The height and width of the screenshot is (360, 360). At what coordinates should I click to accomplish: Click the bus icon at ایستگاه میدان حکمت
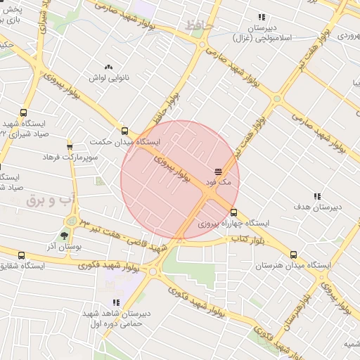(x=124, y=131)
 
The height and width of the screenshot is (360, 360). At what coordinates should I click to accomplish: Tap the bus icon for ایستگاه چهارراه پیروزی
(x=233, y=212)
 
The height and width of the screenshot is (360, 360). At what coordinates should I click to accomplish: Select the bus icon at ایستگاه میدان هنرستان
(x=293, y=255)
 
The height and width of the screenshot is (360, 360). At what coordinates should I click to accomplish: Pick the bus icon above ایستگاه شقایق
(x=22, y=256)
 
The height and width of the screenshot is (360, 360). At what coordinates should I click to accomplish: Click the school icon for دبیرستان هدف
(x=316, y=195)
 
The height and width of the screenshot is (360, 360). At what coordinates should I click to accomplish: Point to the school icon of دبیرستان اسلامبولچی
(x=262, y=17)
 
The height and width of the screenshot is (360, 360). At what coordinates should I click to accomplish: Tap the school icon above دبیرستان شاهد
(x=116, y=302)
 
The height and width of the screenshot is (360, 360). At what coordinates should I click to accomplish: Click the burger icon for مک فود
(x=218, y=172)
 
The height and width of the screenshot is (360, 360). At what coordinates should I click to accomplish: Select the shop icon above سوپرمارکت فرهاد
(x=69, y=146)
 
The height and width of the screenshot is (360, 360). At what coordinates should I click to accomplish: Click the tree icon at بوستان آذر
(x=65, y=236)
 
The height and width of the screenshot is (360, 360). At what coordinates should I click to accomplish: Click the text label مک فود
(x=217, y=182)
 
